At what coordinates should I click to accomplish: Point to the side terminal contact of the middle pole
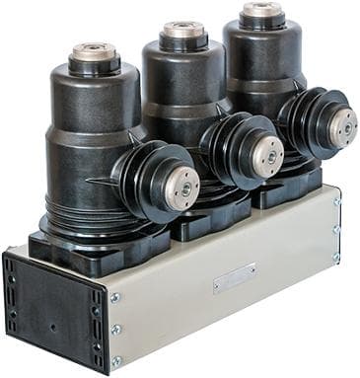(267, 150)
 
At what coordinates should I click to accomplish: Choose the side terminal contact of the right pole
(341, 122)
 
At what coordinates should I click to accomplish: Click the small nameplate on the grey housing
(235, 277)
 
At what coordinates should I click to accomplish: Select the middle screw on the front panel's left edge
(116, 329)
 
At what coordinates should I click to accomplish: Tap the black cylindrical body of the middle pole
(178, 99)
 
